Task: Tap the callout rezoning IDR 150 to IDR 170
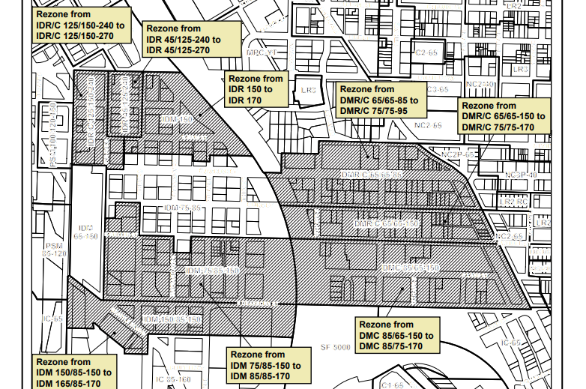tap(256, 88)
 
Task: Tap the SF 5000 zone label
tap(335, 348)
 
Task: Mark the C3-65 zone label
tap(437, 88)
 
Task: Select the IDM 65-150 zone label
tap(88, 231)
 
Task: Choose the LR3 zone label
tap(521, 69)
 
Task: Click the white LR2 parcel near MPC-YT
tap(307, 89)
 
